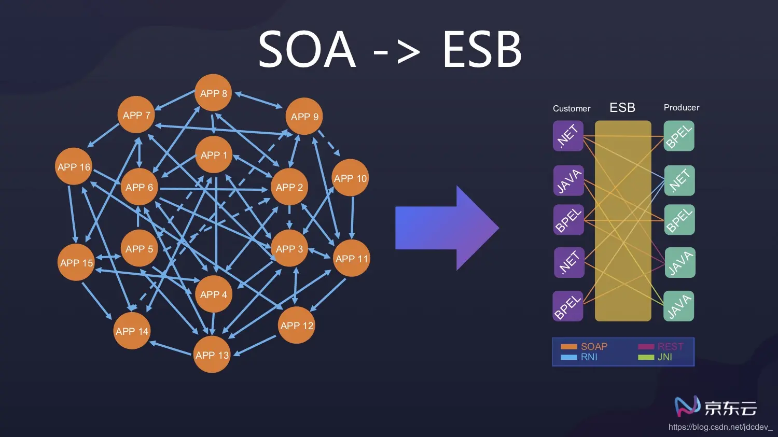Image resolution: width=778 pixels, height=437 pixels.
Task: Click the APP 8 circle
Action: [213, 93]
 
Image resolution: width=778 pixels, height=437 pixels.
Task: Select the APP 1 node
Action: [213, 155]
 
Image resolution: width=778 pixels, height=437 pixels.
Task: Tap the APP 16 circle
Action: [74, 167]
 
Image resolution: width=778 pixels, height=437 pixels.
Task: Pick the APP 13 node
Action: [212, 355]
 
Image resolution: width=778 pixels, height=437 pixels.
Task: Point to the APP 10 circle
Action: [350, 178]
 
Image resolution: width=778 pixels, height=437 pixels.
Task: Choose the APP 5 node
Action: [139, 249]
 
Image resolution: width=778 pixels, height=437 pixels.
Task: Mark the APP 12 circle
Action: [296, 326]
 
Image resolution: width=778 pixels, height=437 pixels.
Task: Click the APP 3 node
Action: [289, 249]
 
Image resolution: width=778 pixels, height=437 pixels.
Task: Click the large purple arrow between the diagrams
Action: [446, 228]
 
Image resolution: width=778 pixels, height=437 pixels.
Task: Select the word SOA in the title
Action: [307, 50]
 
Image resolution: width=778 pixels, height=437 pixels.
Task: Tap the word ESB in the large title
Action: [482, 50]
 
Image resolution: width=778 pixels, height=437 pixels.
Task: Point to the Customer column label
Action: [572, 108]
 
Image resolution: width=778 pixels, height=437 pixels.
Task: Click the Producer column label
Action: [682, 107]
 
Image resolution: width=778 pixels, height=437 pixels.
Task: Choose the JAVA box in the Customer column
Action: [568, 180]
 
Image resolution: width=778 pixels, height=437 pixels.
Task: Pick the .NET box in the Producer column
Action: [679, 180]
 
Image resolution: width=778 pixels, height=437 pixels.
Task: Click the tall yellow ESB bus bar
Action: [622, 221]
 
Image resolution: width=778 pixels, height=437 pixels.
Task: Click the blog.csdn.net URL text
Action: [720, 427]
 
